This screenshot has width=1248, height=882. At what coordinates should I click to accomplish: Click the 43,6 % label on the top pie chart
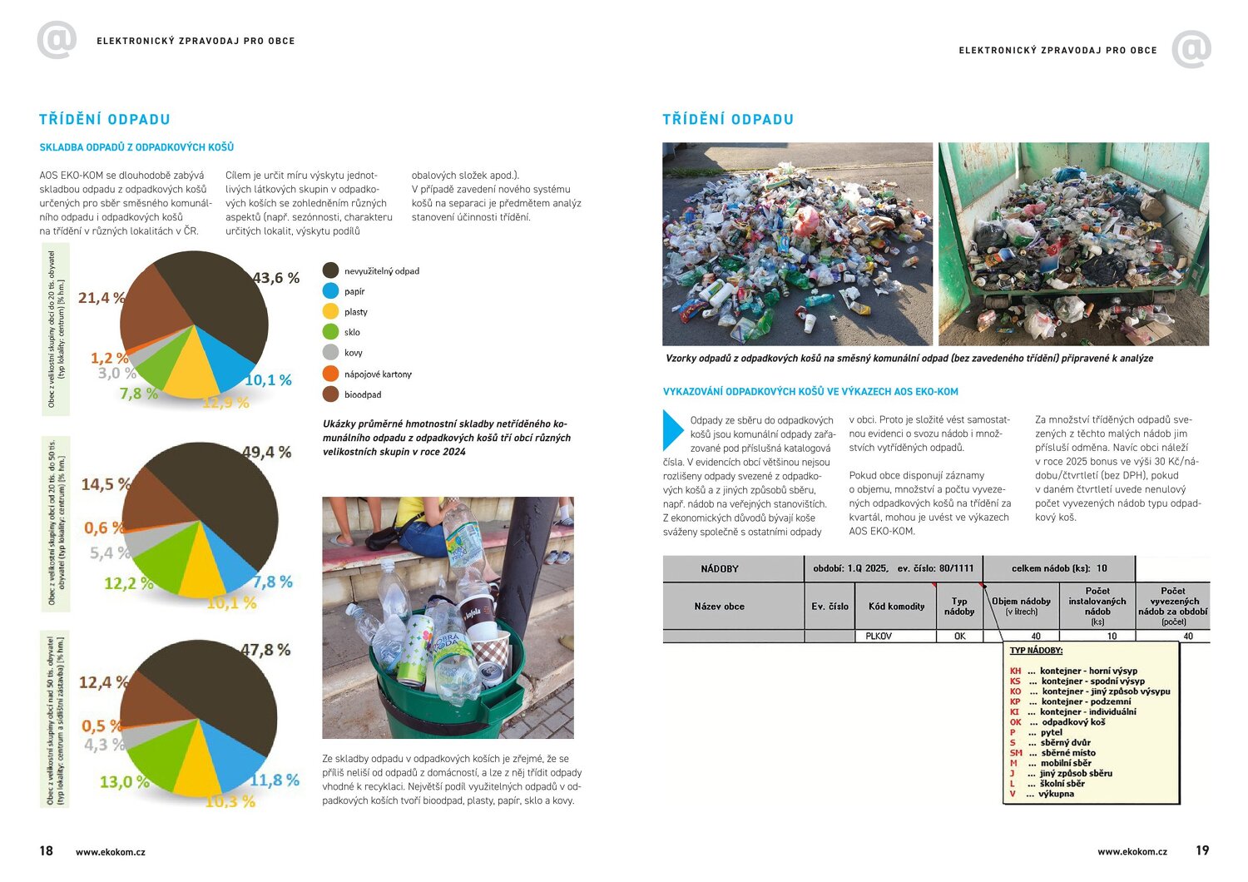(275, 278)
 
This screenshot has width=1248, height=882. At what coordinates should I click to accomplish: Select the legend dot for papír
(330, 291)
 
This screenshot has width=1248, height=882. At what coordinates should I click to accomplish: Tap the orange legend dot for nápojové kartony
(330, 374)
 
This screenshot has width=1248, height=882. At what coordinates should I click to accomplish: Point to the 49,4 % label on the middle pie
(267, 452)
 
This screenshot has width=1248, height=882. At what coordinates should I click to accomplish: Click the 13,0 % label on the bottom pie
(125, 782)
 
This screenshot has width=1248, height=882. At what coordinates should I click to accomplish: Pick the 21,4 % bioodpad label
(102, 298)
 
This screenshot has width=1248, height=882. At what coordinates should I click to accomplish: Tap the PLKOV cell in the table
(879, 636)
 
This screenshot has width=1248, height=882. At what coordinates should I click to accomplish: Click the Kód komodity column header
(896, 607)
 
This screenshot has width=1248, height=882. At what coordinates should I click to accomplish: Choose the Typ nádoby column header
(959, 607)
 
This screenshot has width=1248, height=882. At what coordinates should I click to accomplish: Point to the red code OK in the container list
(1015, 722)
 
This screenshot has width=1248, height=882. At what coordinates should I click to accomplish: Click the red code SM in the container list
(1016, 753)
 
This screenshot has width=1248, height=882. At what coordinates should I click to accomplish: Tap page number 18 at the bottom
(46, 850)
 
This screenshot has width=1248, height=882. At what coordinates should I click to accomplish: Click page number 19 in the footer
(1202, 850)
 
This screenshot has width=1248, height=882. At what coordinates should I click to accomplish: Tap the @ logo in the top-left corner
(57, 40)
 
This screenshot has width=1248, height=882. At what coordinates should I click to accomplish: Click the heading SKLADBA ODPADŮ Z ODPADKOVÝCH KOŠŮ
(136, 147)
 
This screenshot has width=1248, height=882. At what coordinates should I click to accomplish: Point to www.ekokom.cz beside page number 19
(1132, 851)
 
